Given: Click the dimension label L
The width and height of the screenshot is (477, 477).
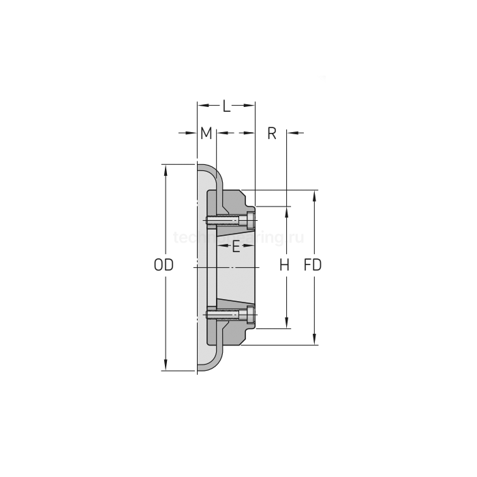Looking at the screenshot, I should [x=226, y=106].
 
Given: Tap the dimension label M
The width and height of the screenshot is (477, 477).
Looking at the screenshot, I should [x=206, y=133].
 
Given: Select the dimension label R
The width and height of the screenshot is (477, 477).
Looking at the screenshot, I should [x=271, y=133].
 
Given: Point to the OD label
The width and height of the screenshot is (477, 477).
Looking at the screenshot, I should [x=163, y=265].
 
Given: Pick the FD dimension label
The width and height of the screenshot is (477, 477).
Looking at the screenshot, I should [x=313, y=265].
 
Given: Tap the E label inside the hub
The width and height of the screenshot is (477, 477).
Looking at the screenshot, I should [x=236, y=247].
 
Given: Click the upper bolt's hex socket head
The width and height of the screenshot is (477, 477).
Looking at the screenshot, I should [x=251, y=220].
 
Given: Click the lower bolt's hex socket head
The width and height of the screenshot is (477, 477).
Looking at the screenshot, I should [x=251, y=314].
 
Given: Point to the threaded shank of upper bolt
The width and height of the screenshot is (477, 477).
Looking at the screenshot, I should [x=224, y=220].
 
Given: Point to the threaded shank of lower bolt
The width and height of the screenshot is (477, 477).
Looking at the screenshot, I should [x=224, y=314].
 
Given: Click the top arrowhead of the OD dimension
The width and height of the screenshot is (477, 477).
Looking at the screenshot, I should [x=166, y=170].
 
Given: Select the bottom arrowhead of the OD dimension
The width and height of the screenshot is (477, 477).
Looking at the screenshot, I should [x=166, y=366].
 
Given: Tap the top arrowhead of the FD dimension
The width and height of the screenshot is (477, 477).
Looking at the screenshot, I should [x=314, y=196].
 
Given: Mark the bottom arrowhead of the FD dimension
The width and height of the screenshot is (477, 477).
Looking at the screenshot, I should [x=314, y=340].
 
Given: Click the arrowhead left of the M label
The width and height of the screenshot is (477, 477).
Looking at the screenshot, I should [x=192, y=133].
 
